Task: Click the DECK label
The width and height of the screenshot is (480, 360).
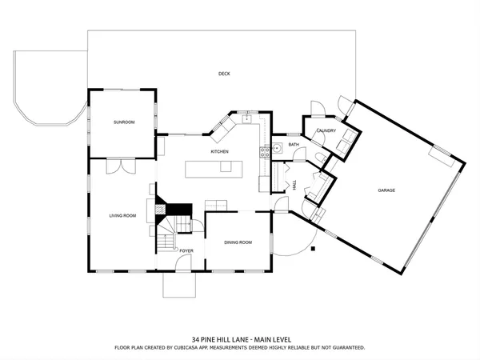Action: tap(224, 74)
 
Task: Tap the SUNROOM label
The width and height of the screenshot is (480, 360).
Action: tap(123, 122)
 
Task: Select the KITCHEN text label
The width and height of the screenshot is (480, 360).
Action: tap(220, 151)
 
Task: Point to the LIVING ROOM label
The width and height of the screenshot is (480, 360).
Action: tap(122, 215)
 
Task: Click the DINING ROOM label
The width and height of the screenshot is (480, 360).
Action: tap(238, 242)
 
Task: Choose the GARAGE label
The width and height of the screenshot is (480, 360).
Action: tap(387, 190)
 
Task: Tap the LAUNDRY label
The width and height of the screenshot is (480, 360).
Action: tap(326, 130)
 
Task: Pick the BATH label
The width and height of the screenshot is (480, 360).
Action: tap(294, 145)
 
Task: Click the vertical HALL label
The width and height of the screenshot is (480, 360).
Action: tap(295, 185)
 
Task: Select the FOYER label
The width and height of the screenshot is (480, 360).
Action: tap(186, 251)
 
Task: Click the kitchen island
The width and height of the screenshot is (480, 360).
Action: tap(213, 168)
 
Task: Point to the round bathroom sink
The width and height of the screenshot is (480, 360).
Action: tap(277, 147)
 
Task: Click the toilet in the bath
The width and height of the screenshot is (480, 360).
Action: tap(318, 157)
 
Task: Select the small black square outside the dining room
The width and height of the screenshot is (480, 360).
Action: tap(314, 249)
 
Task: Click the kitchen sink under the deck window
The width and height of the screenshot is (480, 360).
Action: tap(249, 120)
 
